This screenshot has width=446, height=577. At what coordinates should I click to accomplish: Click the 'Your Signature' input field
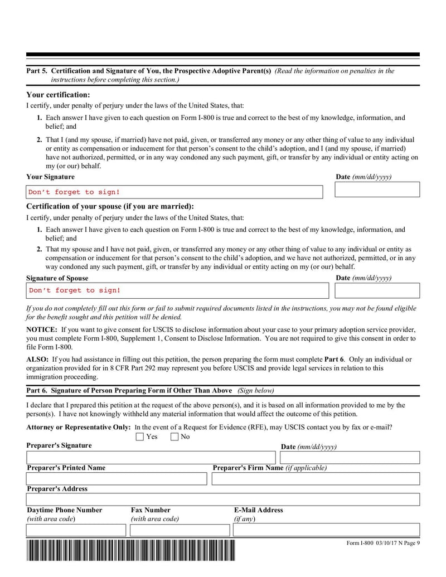click(174, 192)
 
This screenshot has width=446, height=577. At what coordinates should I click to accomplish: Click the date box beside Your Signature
click(377, 190)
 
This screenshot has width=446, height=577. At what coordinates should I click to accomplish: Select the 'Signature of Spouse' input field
click(177, 290)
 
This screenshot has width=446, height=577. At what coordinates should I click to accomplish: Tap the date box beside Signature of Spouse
click(377, 290)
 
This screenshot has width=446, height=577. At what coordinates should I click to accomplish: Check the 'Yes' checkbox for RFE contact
click(140, 437)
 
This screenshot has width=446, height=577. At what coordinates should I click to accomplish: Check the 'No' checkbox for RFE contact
click(174, 437)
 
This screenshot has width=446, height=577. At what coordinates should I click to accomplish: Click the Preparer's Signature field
click(152, 458)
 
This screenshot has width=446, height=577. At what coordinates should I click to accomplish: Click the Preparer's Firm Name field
click(316, 479)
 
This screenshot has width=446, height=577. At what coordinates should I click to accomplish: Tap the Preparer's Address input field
click(223, 500)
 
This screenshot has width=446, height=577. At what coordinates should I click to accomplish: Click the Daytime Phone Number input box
click(76, 530)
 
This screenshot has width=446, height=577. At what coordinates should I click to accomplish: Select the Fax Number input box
click(180, 530)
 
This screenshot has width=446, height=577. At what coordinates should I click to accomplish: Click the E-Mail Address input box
click(326, 530)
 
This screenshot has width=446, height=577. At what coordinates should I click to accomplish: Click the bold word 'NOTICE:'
click(42, 330)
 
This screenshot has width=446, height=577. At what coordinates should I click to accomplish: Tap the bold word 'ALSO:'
click(37, 360)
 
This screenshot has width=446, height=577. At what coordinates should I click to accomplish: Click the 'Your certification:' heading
click(58, 95)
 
